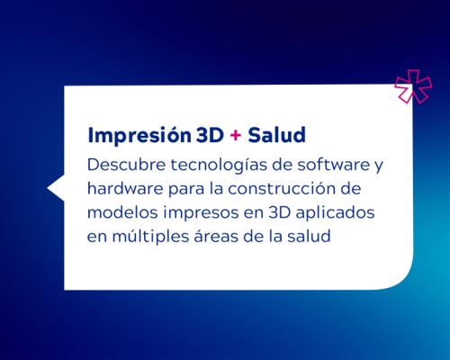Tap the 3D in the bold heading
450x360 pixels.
(209, 135)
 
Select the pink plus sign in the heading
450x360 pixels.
(235, 136)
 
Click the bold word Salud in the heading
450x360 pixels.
(275, 135)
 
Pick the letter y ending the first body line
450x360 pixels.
(354, 167)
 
